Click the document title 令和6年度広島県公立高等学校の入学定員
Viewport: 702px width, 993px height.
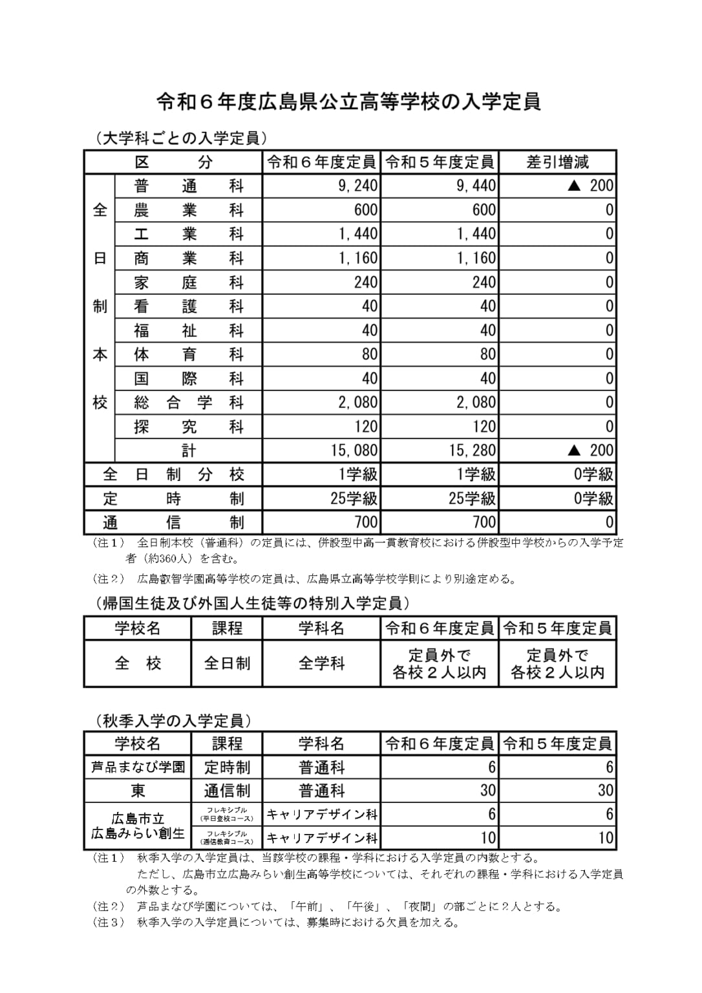[x=349, y=102]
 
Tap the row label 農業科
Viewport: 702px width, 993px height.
[x=188, y=210]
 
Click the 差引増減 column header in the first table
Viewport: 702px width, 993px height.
[x=557, y=162]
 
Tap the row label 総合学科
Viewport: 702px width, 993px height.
[x=188, y=402]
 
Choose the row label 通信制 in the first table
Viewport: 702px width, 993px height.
[x=173, y=522]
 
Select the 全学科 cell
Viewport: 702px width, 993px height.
[x=321, y=663]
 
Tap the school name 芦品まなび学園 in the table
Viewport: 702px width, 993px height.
[x=138, y=767]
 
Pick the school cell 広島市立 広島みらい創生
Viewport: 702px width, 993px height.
[x=138, y=826]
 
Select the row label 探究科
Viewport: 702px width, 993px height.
[x=188, y=426]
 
